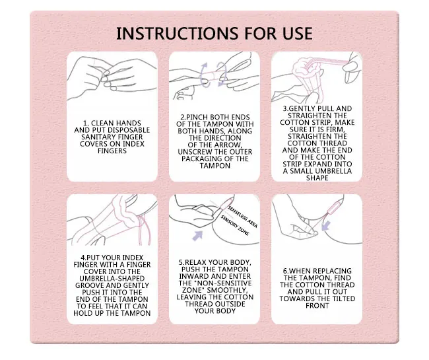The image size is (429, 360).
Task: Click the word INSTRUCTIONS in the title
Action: click(x=178, y=34)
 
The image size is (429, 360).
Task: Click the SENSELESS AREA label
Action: click(x=243, y=217)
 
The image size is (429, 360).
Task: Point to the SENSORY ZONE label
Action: click(x=235, y=226)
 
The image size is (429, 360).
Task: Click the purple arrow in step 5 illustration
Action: click(x=198, y=235)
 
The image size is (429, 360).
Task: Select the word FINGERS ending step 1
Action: click(x=112, y=151)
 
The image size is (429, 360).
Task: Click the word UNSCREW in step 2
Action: click(x=191, y=152)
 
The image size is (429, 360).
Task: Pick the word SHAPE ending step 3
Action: click(x=317, y=178)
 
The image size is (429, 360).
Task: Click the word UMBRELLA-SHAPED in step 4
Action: click(x=112, y=278)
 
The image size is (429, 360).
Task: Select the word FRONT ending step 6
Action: click(x=317, y=306)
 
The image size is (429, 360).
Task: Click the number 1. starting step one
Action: click(x=86, y=124)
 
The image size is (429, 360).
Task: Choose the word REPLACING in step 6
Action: click(x=334, y=271)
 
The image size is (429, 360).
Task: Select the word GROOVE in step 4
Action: click(x=88, y=285)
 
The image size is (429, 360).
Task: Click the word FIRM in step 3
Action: click(x=336, y=129)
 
